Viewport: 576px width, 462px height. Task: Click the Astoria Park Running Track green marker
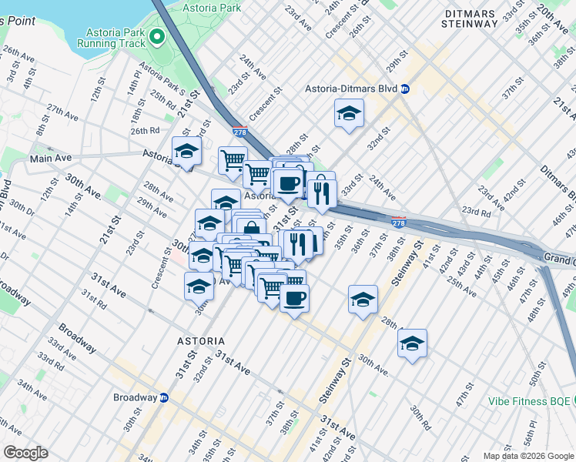[x=157, y=36]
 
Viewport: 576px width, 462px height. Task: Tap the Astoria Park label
[x=213, y=8]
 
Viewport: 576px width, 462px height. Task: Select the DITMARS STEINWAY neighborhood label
[x=471, y=16]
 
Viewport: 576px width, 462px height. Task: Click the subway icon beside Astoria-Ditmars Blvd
[x=405, y=89]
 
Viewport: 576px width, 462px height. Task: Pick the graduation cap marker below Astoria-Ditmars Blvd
[x=349, y=114]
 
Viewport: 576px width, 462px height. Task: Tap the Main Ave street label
[x=50, y=158]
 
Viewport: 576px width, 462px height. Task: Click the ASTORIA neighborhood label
[x=199, y=340]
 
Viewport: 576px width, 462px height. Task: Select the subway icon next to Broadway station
[x=164, y=398]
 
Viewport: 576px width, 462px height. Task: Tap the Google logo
[x=25, y=452]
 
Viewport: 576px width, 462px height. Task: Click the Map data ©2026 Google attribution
[x=527, y=456]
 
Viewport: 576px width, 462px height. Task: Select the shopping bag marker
[x=251, y=229]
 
